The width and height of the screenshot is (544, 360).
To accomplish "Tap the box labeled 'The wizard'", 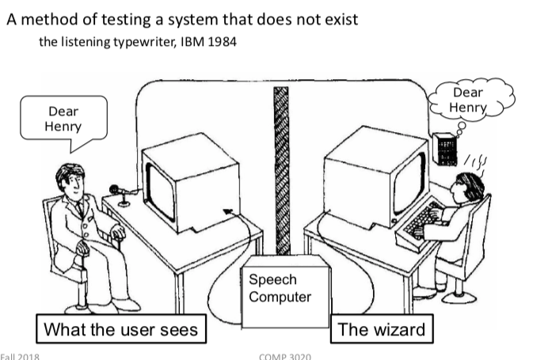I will point(382,329).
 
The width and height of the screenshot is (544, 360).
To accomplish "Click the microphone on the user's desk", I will point(115,190).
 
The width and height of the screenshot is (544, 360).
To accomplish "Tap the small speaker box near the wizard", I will point(445,149).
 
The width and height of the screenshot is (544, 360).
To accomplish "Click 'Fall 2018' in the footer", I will point(20,355).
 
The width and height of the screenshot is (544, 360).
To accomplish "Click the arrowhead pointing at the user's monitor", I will point(228,211).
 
